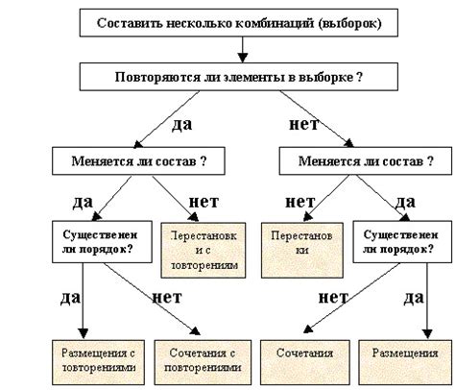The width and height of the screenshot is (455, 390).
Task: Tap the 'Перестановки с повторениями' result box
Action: coord(203,249)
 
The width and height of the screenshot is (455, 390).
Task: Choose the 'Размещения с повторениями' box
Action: coord(92,359)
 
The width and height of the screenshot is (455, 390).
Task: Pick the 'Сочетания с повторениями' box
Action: coord(203,359)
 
